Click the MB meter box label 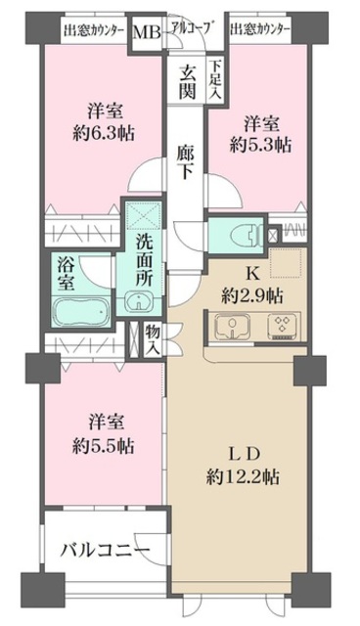(147, 32)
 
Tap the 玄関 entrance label (187, 81)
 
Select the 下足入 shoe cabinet (216, 79)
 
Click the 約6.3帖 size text (104, 133)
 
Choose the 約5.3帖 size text (260, 146)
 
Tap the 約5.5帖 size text (104, 446)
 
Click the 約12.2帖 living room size (243, 476)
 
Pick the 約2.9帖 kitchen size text (252, 296)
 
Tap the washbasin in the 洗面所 (139, 300)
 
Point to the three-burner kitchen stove (282, 323)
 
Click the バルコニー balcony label (105, 551)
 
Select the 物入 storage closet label (153, 340)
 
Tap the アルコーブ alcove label (191, 27)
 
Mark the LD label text (244, 454)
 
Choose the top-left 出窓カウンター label (93, 30)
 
